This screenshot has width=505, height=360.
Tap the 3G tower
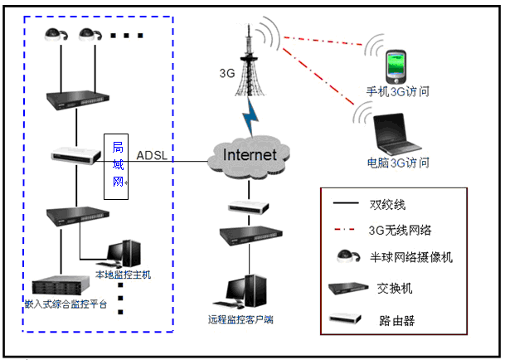[x=246, y=62]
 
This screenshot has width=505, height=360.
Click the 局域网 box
[x=118, y=164]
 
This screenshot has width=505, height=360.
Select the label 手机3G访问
[x=399, y=91]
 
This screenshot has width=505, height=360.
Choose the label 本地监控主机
[x=124, y=275]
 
